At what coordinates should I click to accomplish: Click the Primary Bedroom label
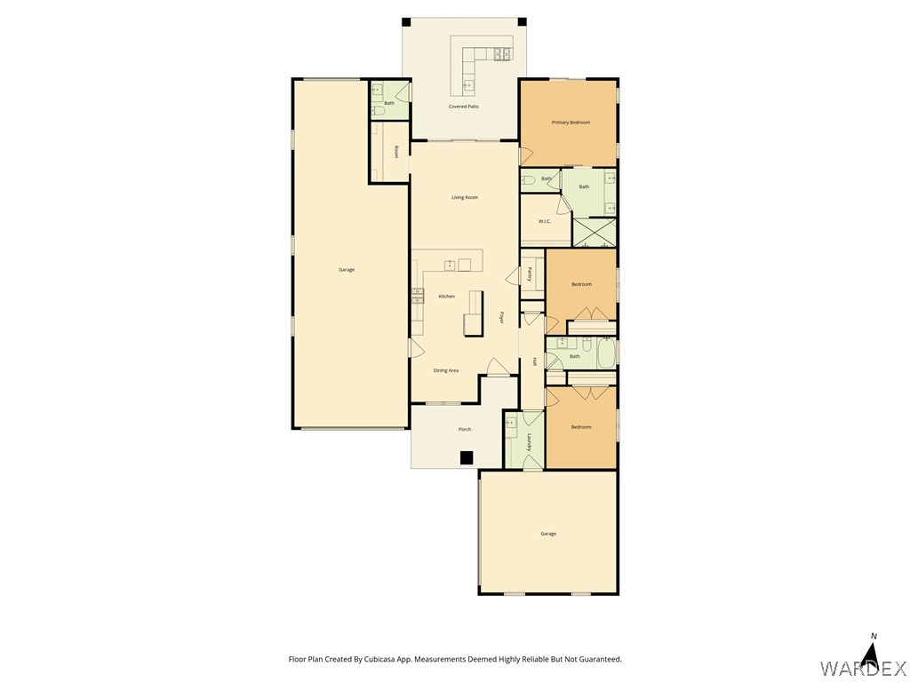point(571,123)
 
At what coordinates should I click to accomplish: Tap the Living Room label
point(465,198)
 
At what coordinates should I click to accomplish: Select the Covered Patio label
point(464,107)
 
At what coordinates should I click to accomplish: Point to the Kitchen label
point(447,297)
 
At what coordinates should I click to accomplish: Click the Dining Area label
point(446,370)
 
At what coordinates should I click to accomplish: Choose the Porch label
point(465,430)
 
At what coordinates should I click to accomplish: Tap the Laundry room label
point(530,442)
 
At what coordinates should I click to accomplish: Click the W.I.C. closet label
point(545,221)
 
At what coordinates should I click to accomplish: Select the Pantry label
point(530,274)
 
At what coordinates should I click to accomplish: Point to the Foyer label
point(502,317)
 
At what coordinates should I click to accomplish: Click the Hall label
point(534,361)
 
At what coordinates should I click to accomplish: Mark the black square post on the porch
point(467,458)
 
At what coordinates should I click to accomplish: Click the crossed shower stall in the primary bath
point(595,233)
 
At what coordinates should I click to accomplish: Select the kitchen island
point(474,313)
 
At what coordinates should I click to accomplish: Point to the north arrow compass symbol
point(872,654)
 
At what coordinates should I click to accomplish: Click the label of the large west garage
point(347,270)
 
